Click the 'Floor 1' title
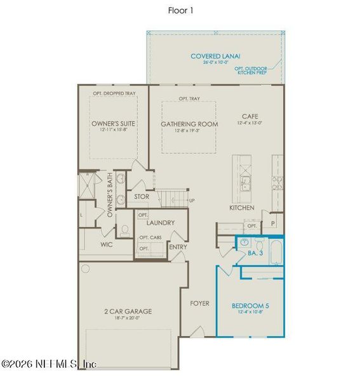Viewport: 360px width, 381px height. click(180, 10)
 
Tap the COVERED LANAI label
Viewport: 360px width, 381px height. click(215, 57)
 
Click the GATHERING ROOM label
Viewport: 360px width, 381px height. click(189, 124)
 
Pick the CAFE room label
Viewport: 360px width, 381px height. click(248, 117)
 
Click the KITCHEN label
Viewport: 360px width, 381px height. click(242, 208)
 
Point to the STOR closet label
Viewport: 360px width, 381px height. click(141, 197)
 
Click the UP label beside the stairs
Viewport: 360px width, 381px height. click(192, 201)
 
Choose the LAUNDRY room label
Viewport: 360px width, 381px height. click(160, 223)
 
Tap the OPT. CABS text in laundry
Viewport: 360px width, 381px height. click(150, 237)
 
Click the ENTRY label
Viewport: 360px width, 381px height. click(178, 246)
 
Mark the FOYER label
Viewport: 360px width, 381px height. click(199, 304)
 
